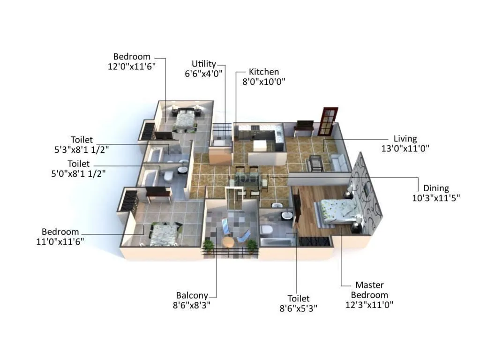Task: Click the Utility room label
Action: click(204, 64)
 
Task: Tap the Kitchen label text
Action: click(263, 72)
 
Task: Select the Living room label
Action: click(405, 139)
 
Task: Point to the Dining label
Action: click(436, 188)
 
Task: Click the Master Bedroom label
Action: click(369, 290)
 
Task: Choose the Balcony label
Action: click(192, 295)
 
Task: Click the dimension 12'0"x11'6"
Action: click(132, 66)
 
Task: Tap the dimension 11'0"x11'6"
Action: click(60, 241)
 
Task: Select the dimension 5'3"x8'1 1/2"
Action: click(82, 150)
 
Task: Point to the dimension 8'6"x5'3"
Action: click(299, 308)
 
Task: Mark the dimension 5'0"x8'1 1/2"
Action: click(78, 174)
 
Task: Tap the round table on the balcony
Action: click(228, 242)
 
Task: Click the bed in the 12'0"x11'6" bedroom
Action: click(185, 120)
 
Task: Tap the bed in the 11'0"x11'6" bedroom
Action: click(165, 233)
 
